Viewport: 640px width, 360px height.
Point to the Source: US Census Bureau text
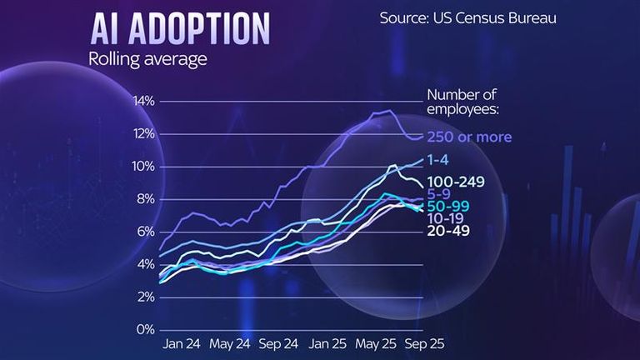[x=467, y=17]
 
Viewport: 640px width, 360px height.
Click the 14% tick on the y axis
[x=144, y=101]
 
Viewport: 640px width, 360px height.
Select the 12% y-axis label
[x=144, y=133]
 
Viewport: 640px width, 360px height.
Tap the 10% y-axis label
[x=144, y=167]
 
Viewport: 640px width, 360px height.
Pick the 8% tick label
[x=147, y=199]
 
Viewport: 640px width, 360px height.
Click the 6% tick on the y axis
[x=147, y=232]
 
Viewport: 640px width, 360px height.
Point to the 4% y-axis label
[x=147, y=264]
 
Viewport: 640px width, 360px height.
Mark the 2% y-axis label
[x=147, y=297]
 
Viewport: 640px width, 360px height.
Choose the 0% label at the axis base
[x=147, y=330]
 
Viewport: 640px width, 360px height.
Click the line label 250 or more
[x=469, y=137]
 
